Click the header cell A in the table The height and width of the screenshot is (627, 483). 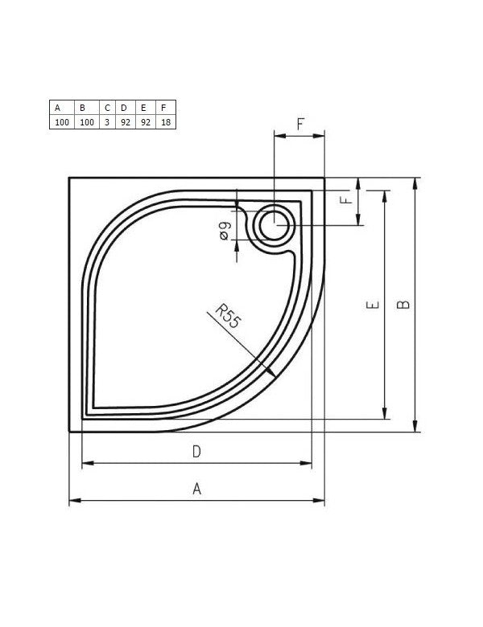pos(62,107)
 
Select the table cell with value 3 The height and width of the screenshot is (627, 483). pos(107,122)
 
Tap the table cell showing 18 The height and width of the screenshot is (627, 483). pos(166,122)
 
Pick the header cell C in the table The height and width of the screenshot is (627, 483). pos(107,107)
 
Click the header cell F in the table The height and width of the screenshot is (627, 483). pos(166,107)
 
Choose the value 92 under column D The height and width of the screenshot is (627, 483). pos(126,122)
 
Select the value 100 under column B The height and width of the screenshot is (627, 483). pos(87,122)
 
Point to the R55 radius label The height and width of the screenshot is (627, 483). pos(229,316)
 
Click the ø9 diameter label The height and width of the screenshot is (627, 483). pos(225,232)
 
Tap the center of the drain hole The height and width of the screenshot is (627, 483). pos(275,225)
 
